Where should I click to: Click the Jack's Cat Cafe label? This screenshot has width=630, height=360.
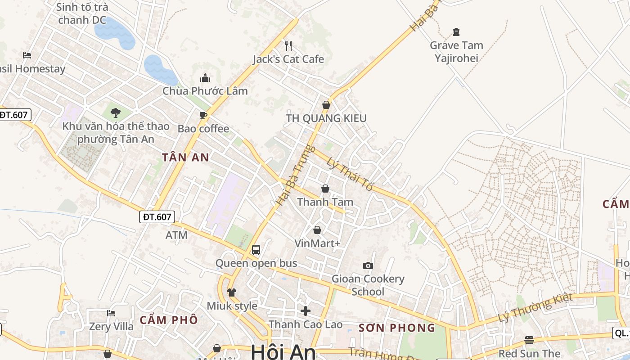pyautogui.click(x=288, y=59)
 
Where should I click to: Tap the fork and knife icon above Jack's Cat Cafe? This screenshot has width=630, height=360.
pyautogui.click(x=288, y=45)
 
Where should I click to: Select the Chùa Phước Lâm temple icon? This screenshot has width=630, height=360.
pyautogui.click(x=205, y=78)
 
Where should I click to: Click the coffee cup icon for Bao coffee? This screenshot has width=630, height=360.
pyautogui.click(x=203, y=115)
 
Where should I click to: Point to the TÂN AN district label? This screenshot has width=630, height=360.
pyautogui.click(x=186, y=157)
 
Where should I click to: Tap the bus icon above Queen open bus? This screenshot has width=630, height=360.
pyautogui.click(x=256, y=249)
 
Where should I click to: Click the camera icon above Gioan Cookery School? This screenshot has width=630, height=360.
pyautogui.click(x=368, y=265)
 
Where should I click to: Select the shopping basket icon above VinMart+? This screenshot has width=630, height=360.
pyautogui.click(x=317, y=230)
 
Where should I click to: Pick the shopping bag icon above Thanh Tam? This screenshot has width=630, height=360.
pyautogui.click(x=325, y=189)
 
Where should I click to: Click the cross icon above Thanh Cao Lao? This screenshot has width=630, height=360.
pyautogui.click(x=306, y=310)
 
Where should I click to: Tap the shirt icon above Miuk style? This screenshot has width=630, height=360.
pyautogui.click(x=232, y=292)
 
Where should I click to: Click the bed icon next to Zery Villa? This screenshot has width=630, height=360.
pyautogui.click(x=111, y=313)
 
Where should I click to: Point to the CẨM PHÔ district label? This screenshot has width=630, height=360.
pyautogui.click(x=169, y=320)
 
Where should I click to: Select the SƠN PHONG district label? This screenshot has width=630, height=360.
pyautogui.click(x=397, y=328)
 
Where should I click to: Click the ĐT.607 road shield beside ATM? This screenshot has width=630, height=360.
pyautogui.click(x=157, y=217)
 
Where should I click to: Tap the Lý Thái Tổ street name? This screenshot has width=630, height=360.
pyautogui.click(x=350, y=174)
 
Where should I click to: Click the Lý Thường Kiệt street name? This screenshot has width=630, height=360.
pyautogui.click(x=535, y=307)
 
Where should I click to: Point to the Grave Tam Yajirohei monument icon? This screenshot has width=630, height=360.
pyautogui.click(x=456, y=32)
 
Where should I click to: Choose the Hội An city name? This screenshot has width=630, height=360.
pyautogui.click(x=283, y=351)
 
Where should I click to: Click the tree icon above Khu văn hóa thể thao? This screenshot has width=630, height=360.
pyautogui.click(x=116, y=112)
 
